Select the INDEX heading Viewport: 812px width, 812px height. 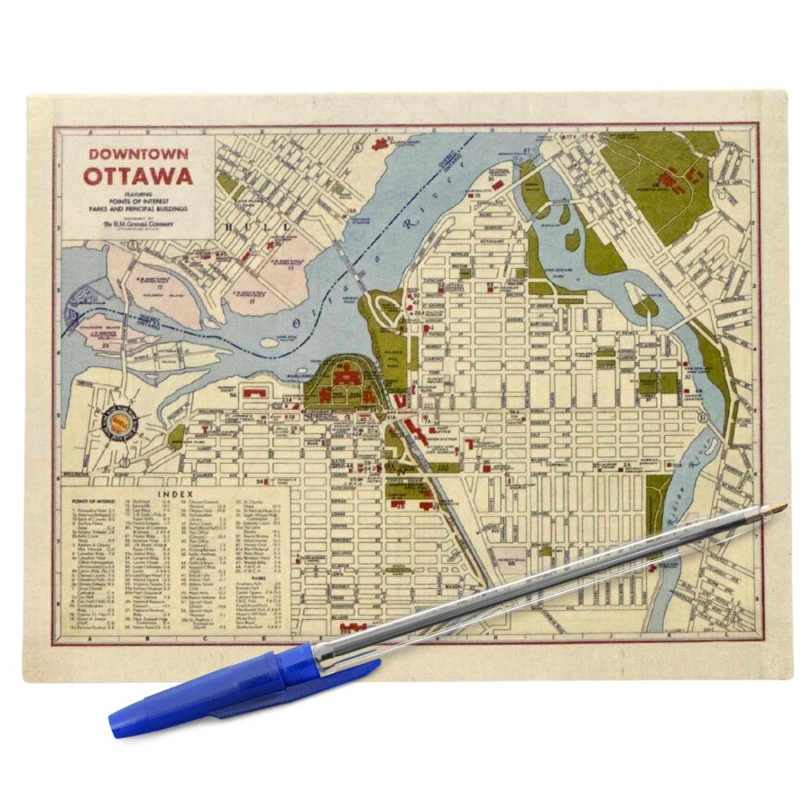(174, 494)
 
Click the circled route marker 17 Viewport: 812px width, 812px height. (703, 418)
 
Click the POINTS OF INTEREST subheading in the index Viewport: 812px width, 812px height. (94, 503)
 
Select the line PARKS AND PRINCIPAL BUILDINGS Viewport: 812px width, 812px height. (139, 209)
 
